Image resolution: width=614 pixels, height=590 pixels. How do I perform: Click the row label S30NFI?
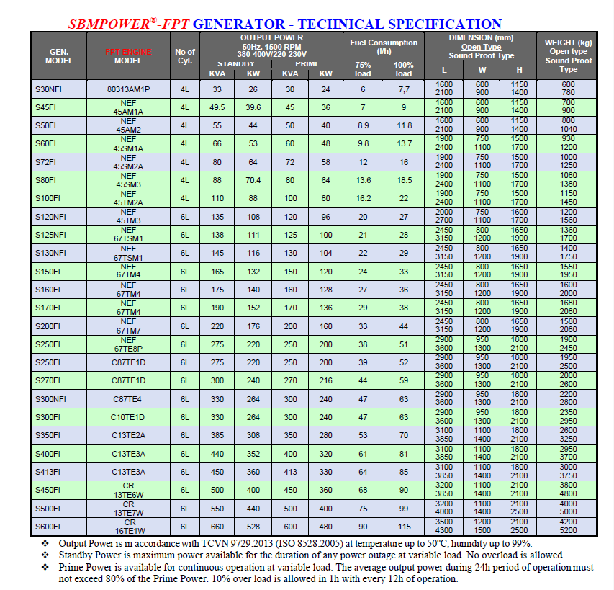(50, 89)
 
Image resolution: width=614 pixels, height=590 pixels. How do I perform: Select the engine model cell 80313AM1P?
(128, 89)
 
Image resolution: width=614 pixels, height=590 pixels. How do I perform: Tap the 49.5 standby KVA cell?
(217, 107)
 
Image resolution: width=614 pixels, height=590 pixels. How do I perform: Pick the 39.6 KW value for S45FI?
(253, 107)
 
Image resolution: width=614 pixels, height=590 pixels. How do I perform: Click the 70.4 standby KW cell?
(253, 179)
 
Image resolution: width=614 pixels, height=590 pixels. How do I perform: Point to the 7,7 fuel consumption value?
(404, 89)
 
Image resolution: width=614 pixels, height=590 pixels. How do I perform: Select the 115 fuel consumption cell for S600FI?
(404, 527)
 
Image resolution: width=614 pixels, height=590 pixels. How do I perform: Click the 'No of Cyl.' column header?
(185, 56)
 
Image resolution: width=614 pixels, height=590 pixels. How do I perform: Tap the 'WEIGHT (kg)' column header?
(569, 43)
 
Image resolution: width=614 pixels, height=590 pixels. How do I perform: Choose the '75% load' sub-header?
(363, 69)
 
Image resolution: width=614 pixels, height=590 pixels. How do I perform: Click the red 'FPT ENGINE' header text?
(128, 52)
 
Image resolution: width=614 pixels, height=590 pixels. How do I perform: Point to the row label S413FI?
(50, 472)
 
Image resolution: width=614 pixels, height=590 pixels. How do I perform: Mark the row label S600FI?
(50, 527)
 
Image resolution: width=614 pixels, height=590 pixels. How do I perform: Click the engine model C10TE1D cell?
(128, 417)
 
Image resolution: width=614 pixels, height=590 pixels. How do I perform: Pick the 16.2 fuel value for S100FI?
(363, 198)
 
